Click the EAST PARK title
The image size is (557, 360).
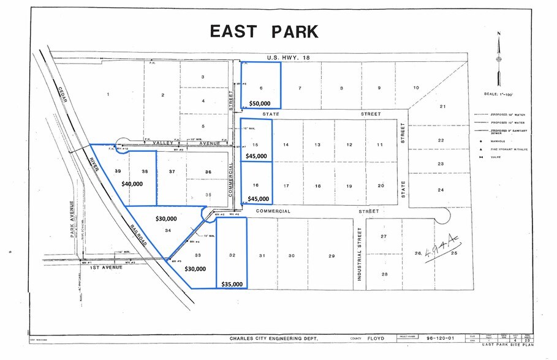click(264, 31)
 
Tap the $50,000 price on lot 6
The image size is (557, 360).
click(260, 103)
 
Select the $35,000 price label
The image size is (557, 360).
click(232, 284)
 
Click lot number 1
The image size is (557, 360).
click(108, 94)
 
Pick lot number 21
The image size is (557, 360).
click(442, 106)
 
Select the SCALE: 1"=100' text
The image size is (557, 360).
click(499, 94)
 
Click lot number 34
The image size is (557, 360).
click(167, 230)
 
